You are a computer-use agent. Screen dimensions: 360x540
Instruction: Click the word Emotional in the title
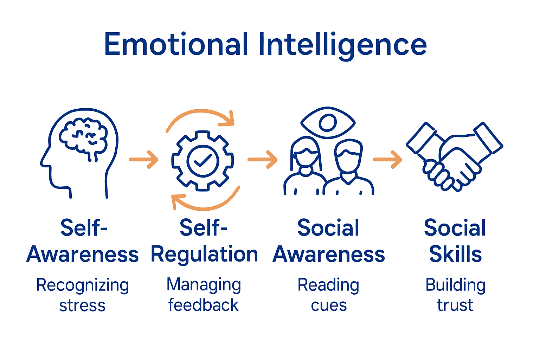176,44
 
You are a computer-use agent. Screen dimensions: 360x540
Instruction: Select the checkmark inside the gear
202,161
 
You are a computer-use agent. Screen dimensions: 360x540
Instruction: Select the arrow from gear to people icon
263,160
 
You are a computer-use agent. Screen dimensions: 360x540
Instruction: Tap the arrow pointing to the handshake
388,160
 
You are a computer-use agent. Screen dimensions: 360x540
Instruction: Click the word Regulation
204,255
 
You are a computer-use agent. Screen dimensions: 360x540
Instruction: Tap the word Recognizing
83,285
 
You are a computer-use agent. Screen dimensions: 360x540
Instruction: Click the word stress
82,306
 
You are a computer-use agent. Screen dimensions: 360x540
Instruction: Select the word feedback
203,305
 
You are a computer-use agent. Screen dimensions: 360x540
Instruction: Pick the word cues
329,306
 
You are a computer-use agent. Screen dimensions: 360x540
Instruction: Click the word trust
455,305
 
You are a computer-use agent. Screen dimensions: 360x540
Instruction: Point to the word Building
455,285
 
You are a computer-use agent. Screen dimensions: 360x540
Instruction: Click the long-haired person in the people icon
305,165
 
